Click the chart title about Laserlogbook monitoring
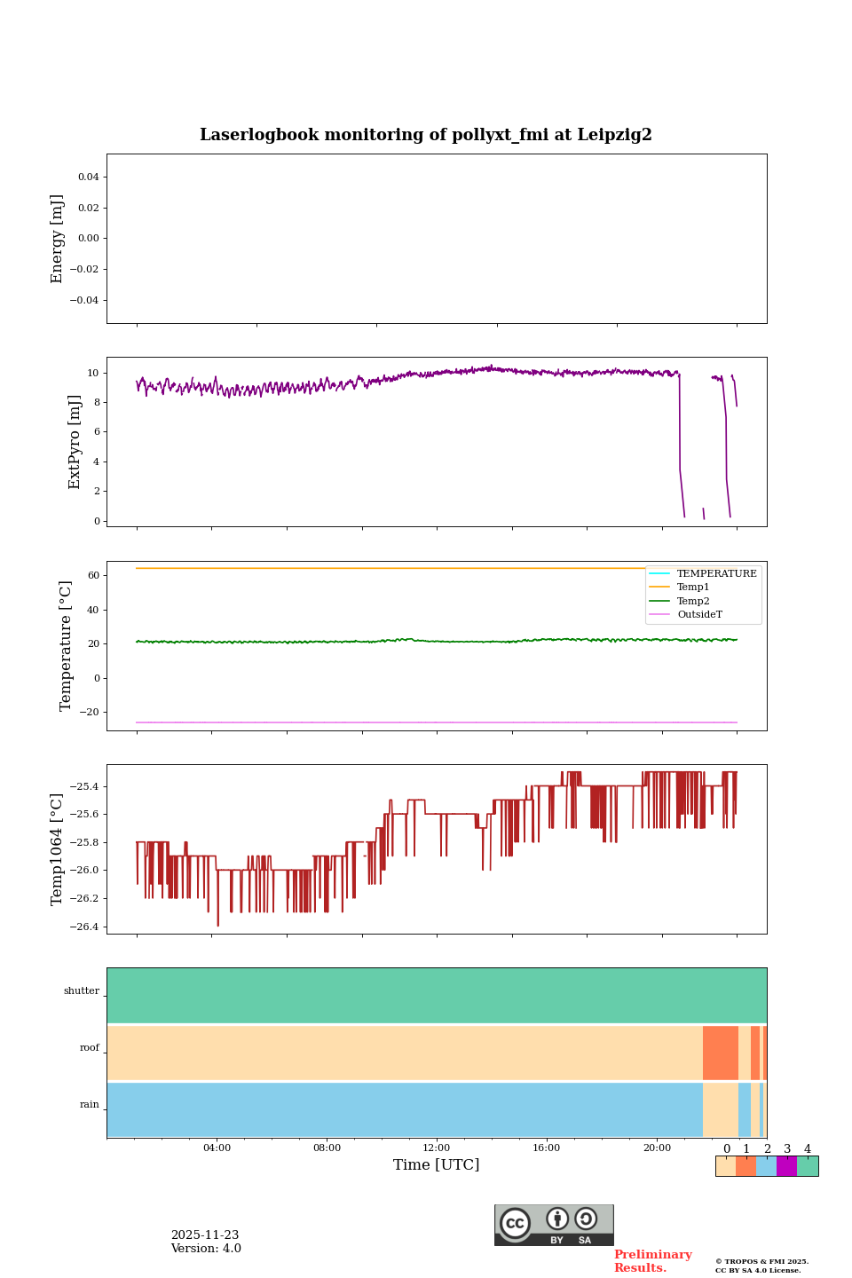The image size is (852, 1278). [x=426, y=135]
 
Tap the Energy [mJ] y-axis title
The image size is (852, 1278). [x=58, y=239]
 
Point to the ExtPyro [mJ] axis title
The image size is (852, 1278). [x=75, y=442]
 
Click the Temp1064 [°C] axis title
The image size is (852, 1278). [x=58, y=849]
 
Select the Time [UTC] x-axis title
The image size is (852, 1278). [x=437, y=1164]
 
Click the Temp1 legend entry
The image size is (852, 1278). [x=693, y=588]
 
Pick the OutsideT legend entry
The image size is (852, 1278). [x=699, y=614]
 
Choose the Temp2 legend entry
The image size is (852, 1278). [x=693, y=601]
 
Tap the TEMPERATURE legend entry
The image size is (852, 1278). [x=716, y=573]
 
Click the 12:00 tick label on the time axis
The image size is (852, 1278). [x=437, y=1148]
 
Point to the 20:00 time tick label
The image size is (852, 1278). [x=657, y=1148]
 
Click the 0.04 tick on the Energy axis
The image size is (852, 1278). [x=88, y=177]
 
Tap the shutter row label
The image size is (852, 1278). [x=82, y=991]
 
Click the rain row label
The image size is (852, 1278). [x=90, y=1105]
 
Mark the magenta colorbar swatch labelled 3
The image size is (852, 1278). [x=786, y=1166]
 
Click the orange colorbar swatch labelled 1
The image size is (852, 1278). [x=745, y=1166]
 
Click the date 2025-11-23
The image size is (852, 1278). [x=205, y=1235]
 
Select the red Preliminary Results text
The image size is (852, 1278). [x=652, y=1261]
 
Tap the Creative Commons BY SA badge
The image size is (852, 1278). [x=554, y=1225]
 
